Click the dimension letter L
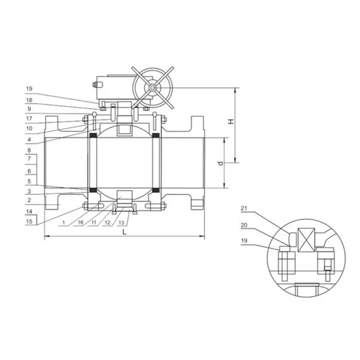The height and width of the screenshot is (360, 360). pyautogui.click(x=124, y=232)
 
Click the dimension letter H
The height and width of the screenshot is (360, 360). pyautogui.click(x=231, y=121)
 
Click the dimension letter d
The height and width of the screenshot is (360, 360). pyautogui.click(x=220, y=163)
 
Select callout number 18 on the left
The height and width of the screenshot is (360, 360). pyautogui.click(x=29, y=100)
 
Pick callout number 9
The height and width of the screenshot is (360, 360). pyautogui.click(x=29, y=109)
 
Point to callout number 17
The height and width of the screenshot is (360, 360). pyautogui.click(x=29, y=118)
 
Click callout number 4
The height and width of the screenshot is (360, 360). pyautogui.click(x=29, y=139)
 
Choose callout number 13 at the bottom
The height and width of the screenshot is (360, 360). pyautogui.click(x=121, y=222)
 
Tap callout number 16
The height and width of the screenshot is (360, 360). pyautogui.click(x=81, y=222)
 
